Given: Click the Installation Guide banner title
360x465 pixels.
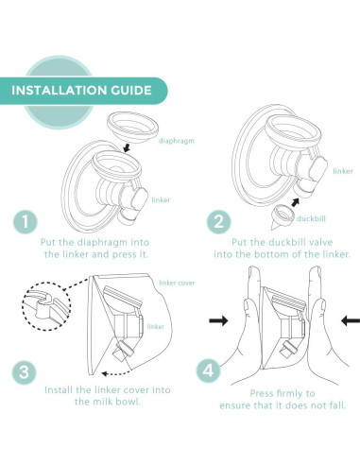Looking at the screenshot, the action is tap(81, 91).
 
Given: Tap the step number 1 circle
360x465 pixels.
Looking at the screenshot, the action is tap(26, 222).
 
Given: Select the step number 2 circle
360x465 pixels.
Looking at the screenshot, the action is tap(218, 222).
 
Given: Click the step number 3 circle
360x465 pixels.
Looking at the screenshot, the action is tap(24, 372).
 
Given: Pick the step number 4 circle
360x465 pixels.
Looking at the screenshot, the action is tap(208, 370).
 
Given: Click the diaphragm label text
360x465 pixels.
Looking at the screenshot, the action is tap(177, 141).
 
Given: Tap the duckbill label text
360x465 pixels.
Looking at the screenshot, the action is tap(311, 218).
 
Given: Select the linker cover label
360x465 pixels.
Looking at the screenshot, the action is tap(177, 283).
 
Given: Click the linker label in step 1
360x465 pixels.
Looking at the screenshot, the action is tap(161, 199).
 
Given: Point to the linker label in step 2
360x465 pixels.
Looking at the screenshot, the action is tap(343, 171).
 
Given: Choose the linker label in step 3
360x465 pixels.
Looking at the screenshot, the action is tap(156, 326).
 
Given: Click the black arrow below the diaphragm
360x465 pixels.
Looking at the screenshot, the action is tap(127, 147).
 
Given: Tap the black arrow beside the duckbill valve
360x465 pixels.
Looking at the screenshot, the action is tap(295, 202).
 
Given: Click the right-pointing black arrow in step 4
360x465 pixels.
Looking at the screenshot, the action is tap(218, 321).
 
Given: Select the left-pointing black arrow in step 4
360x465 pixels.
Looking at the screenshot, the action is tap(351, 321).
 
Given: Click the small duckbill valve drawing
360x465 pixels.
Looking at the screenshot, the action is tap(280, 218).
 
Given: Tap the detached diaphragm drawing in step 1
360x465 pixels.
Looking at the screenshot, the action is tap(132, 127).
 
